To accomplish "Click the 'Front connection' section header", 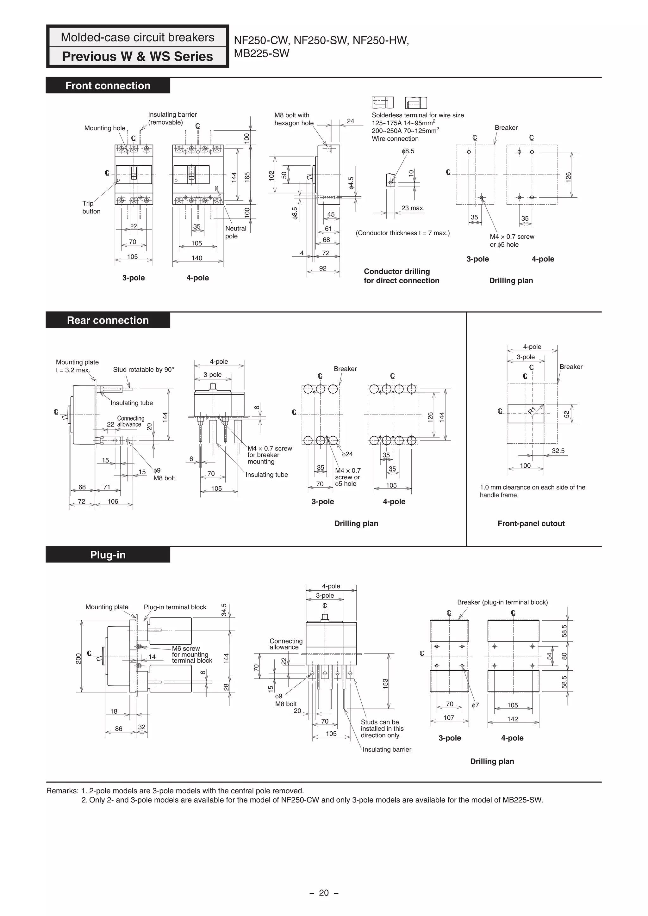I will (108, 86).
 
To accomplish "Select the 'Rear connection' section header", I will (108, 320).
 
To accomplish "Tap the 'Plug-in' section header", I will (108, 555).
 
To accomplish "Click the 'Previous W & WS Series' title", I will (138, 56).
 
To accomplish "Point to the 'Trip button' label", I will (91, 207).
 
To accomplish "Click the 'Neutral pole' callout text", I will (235, 232).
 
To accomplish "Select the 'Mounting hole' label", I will (105, 128).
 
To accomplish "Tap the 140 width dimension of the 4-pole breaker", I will (197, 258).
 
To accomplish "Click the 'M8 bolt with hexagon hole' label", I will (294, 119).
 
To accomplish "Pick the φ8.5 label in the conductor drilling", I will (408, 151).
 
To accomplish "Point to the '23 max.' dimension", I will (413, 208).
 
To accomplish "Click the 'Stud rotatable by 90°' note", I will (143, 369).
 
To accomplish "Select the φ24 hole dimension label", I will (347, 454).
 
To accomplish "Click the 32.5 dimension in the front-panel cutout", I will (558, 451).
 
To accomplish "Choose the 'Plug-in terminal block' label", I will (175, 607).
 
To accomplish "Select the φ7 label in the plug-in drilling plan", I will (475, 705).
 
